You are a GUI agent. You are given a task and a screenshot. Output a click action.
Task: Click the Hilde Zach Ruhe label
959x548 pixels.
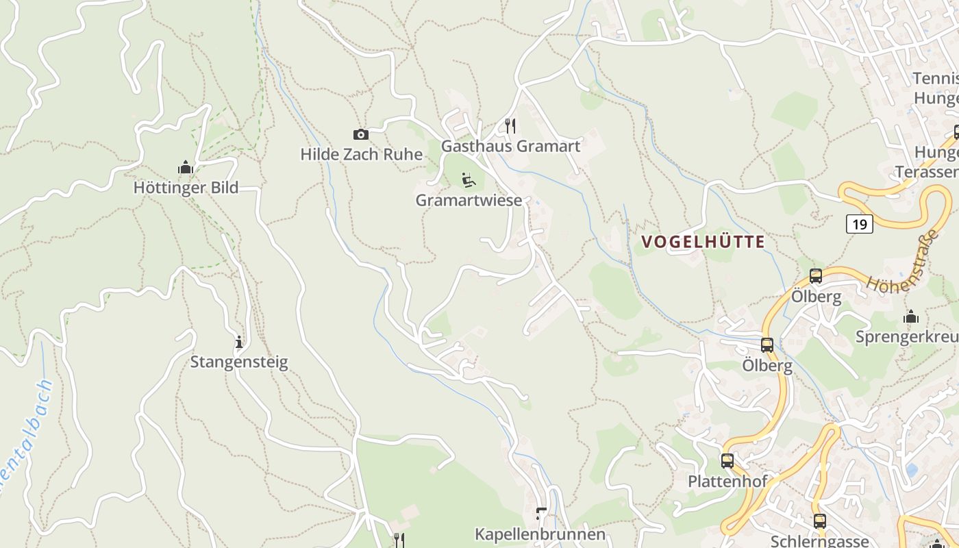pyautogui.click(x=361, y=154)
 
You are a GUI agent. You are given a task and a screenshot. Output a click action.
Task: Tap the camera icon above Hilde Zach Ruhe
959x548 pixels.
pyautogui.click(x=360, y=134)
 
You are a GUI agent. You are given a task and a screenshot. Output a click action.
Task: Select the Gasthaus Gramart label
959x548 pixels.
pyautogui.click(x=510, y=146)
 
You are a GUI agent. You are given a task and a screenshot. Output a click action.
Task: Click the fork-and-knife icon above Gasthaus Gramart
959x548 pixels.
pyautogui.click(x=510, y=125)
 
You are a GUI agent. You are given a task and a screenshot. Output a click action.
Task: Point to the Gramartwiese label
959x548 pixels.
pyautogui.click(x=469, y=200)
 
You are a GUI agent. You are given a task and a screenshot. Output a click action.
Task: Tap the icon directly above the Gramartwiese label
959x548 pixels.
pyautogui.click(x=469, y=180)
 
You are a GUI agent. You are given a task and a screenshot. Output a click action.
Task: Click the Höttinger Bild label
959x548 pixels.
pyautogui.click(x=186, y=187)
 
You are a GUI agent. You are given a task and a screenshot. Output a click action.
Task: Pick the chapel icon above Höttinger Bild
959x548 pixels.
pyautogui.click(x=186, y=167)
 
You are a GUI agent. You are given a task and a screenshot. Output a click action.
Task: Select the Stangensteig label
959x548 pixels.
pyautogui.click(x=239, y=362)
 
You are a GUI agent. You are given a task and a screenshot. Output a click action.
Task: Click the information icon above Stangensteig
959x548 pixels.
pyautogui.click(x=239, y=342)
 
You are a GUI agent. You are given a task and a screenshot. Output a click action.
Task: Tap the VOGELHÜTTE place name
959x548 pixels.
pyautogui.click(x=703, y=242)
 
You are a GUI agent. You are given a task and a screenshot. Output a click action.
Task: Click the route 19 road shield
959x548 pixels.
pyautogui.click(x=860, y=223)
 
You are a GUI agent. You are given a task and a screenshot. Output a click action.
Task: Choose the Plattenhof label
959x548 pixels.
pyautogui.click(x=727, y=481)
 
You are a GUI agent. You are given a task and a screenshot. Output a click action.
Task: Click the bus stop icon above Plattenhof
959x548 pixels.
pyautogui.click(x=727, y=461)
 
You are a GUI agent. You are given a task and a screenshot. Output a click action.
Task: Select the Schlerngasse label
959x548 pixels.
pyautogui.click(x=819, y=541)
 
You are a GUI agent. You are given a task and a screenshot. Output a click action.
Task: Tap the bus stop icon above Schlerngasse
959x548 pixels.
pyautogui.click(x=819, y=521)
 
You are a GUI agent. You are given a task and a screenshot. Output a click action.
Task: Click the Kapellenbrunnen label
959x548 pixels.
pyautogui.click(x=540, y=534)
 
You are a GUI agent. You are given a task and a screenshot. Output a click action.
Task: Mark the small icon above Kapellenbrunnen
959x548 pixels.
pyautogui.click(x=541, y=513)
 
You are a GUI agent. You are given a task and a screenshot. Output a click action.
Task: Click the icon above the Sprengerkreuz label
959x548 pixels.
pyautogui.click(x=911, y=316)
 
